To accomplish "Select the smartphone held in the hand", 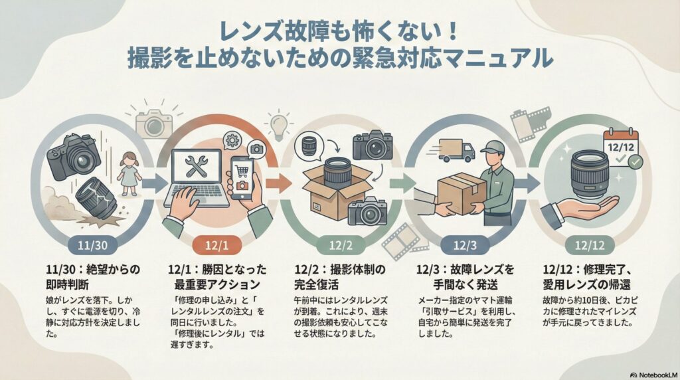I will (242, 177).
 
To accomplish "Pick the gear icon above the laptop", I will (232, 140).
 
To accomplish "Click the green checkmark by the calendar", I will (636, 161).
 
